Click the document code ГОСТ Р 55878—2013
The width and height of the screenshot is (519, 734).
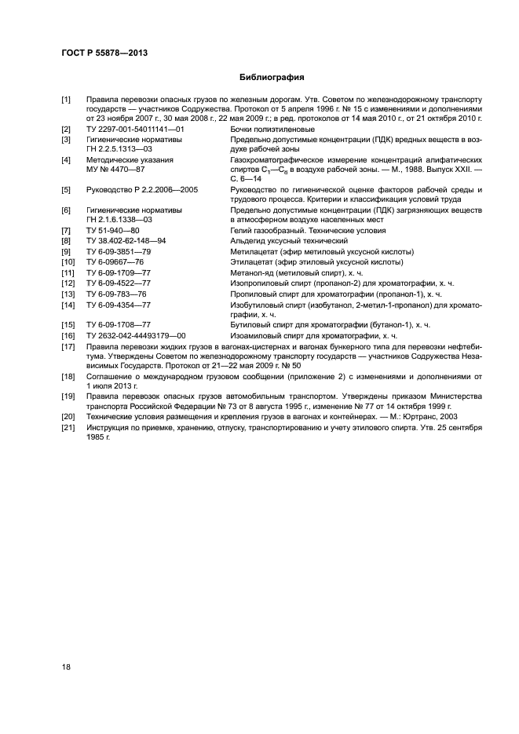pos(105,53)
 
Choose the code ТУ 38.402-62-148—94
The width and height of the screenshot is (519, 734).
pos(126,241)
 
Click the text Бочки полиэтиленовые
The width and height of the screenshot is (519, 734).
pos(272,129)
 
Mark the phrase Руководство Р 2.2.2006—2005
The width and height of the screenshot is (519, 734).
pos(141,190)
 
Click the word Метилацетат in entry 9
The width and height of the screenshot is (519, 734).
pos(253,251)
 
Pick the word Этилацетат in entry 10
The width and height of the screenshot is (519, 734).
pos(251,261)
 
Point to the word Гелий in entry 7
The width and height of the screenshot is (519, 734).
pos(241,231)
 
